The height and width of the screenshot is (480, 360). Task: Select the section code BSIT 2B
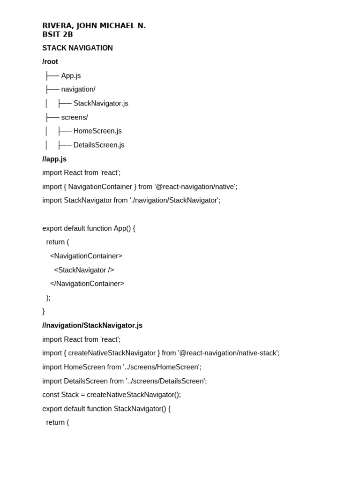coord(58,34)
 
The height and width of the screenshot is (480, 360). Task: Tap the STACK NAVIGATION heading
coord(77,48)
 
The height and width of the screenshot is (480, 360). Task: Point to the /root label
coord(50,61)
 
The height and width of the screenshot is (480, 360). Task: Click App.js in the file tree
coord(71,75)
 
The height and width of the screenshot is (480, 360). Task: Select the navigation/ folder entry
coord(78,89)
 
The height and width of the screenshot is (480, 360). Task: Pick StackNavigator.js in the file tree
coord(101,103)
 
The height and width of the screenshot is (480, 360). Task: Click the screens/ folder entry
coord(75,117)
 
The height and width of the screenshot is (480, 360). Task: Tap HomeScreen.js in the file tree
coord(97,131)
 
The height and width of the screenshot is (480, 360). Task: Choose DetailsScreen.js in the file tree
coord(99,145)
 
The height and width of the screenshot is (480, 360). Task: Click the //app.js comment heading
coord(54,159)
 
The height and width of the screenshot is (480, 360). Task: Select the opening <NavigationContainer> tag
coord(86,256)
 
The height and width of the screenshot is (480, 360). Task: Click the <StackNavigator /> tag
coord(84,270)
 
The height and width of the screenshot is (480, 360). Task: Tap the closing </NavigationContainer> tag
coord(87,284)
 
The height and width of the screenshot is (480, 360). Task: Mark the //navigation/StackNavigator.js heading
coord(92,325)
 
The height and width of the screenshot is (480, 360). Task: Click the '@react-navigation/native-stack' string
coord(228,353)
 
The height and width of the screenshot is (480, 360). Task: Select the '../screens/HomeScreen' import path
coord(162,367)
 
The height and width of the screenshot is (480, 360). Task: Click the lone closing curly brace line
coord(44,311)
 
